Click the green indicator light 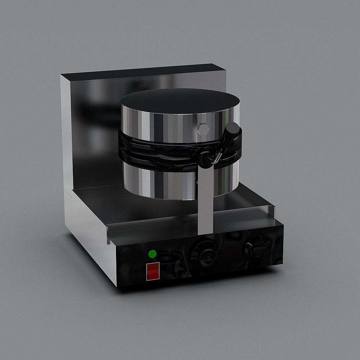pos(152,254)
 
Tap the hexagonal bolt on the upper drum pos(203,129)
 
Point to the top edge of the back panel pos(144,70)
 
